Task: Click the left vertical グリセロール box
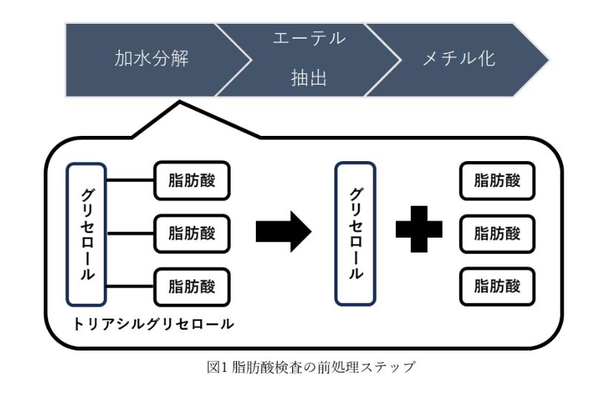pyautogui.click(x=87, y=233)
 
